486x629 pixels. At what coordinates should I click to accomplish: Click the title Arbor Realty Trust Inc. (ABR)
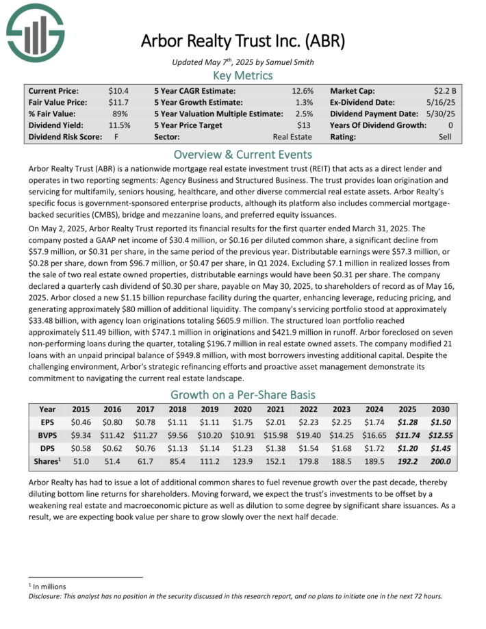242,40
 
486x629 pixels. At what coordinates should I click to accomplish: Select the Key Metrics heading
242,75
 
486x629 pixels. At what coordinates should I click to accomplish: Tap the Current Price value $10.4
118,90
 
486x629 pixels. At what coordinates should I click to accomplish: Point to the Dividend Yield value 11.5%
118,125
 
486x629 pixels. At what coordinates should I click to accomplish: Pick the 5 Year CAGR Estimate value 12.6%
302,90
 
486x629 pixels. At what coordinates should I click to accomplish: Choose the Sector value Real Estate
292,137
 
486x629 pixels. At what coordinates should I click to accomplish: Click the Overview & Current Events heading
242,154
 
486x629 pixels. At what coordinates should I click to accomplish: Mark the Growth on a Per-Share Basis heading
242,394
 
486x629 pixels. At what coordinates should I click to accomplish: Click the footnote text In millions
48,587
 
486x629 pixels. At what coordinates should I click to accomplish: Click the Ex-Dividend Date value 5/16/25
448,102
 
